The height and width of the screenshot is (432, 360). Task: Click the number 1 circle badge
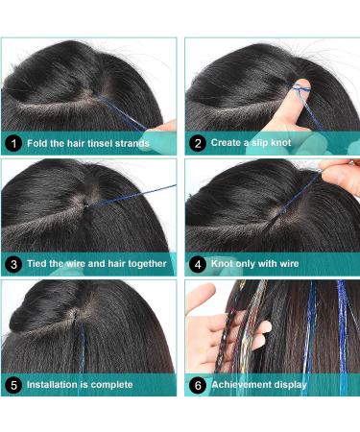click(12, 144)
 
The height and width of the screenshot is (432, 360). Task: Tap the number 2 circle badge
click(197, 144)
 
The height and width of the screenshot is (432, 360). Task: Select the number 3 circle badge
click(12, 263)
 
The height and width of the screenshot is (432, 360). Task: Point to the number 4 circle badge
click(197, 263)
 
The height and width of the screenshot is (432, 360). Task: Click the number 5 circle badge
click(12, 384)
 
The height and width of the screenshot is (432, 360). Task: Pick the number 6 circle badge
click(197, 384)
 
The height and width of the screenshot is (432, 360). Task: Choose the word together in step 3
click(143, 263)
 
